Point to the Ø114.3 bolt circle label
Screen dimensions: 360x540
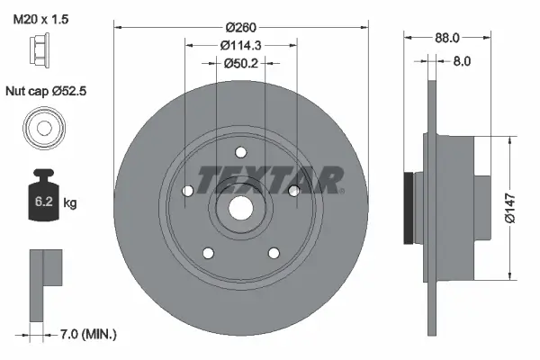coord(241,44)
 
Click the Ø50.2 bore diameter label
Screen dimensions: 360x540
coord(241,63)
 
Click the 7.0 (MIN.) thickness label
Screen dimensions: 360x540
coord(85,334)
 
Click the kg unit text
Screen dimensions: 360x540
coord(70,203)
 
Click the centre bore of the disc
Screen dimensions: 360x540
coord(240,206)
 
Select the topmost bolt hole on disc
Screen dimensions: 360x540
coord(240,152)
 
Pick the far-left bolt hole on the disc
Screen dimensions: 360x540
coord(187,191)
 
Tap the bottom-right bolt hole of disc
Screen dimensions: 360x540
coord(273,252)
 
